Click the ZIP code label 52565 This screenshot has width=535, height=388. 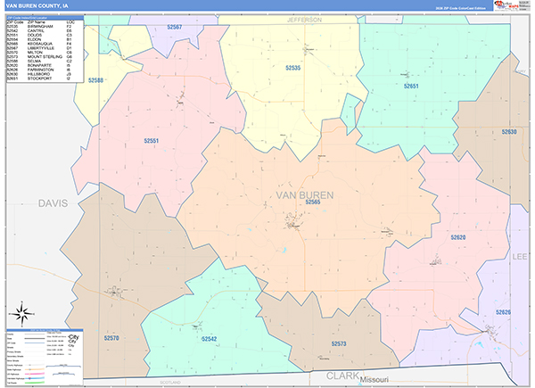pyautogui.click(x=312, y=202)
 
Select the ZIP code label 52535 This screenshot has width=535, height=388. pyautogui.click(x=292, y=68)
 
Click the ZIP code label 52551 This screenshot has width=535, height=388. pyautogui.click(x=152, y=140)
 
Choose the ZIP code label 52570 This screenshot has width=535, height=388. pyautogui.click(x=111, y=339)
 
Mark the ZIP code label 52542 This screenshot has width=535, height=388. pyautogui.click(x=209, y=339)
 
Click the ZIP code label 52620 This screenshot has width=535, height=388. pyautogui.click(x=458, y=237)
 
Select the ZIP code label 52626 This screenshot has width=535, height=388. pyautogui.click(x=504, y=312)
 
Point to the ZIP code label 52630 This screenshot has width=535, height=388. pyautogui.click(x=508, y=132)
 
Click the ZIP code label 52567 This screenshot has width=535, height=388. pyautogui.click(x=174, y=28)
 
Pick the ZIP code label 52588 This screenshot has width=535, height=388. pyautogui.click(x=95, y=80)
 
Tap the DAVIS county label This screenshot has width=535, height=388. pyautogui.click(x=53, y=203)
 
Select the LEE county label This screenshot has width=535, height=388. pyautogui.click(x=520, y=256)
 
